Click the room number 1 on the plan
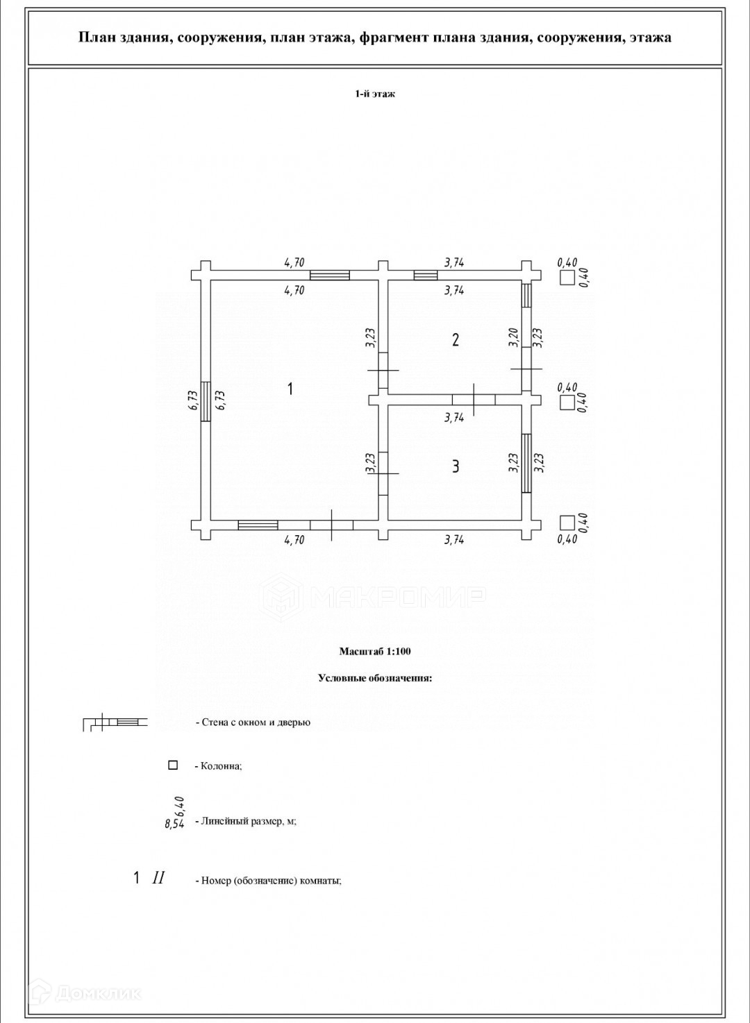tap(290, 389)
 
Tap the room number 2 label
tap(456, 339)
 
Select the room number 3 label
tap(456, 466)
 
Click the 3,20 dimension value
tap(514, 337)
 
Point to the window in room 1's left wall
tap(206, 401)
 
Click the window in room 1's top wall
tap(330, 276)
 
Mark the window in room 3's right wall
tap(527, 463)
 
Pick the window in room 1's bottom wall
tap(258, 525)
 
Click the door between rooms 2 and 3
tap(474, 399)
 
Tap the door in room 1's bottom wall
tap(331, 525)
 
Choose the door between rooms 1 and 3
tap(383, 473)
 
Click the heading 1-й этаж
tap(375, 94)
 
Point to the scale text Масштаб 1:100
tap(375, 651)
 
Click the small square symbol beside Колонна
tap(173, 765)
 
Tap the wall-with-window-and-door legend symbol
tap(115, 722)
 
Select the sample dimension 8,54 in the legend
tap(174, 825)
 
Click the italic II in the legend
tap(158, 878)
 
